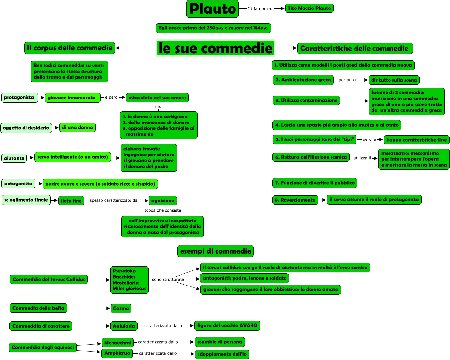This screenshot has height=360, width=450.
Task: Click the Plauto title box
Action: pos(213,9)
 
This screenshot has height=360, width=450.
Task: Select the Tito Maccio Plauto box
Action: pos(309,8)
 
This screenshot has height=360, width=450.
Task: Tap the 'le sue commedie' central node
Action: pos(215,48)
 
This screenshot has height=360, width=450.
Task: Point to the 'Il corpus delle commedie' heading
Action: pos(70,48)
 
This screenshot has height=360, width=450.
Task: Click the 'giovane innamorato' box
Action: pos(73,98)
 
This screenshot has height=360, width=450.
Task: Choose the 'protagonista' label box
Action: pos(19,98)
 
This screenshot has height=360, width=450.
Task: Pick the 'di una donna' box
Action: pos(78,128)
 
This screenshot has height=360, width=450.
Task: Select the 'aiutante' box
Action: pos(14,158)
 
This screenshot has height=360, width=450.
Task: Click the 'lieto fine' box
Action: pos(71,201)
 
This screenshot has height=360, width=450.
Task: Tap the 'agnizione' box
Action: pos(163,201)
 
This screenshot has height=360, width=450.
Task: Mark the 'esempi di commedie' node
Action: pos(216,251)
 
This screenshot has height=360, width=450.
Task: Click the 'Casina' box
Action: pos(121,308)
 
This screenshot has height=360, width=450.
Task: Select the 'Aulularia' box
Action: pos(124,326)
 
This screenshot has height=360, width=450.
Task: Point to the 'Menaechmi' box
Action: pos(118,343)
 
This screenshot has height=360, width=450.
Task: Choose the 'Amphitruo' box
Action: pos(117,353)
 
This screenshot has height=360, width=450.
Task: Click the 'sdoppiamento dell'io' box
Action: pos(222,354)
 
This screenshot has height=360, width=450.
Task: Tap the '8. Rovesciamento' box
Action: pos(295,200)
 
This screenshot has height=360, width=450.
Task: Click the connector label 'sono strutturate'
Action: pos(168,280)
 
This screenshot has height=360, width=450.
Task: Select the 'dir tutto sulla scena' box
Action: pos(394,80)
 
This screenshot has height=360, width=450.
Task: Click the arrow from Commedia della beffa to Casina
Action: pos(89,308)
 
